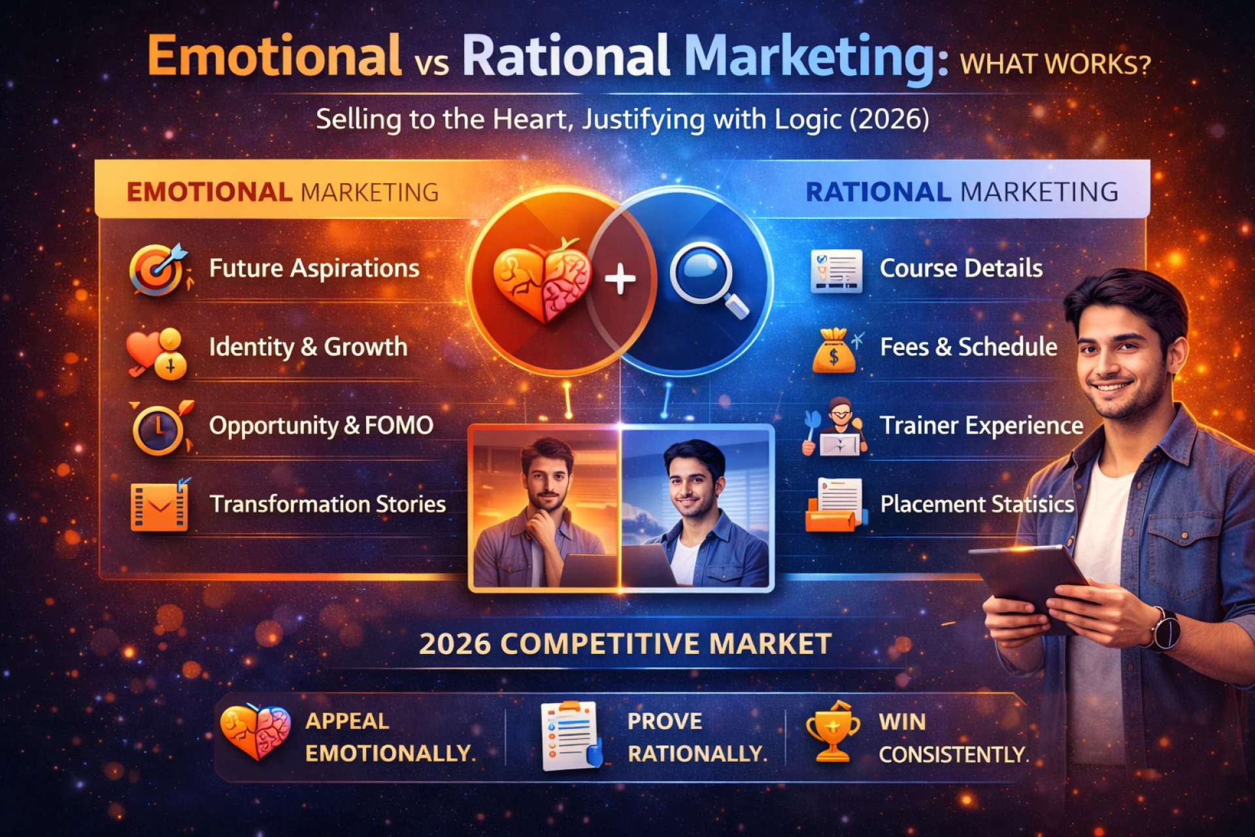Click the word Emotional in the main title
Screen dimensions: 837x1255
(275, 56)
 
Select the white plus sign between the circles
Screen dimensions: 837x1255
(620, 279)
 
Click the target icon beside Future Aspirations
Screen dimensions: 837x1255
(157, 269)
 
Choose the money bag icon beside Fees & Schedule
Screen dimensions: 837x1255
(834, 351)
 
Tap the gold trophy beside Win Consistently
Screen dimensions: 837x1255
(832, 732)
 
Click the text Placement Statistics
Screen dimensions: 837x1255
(977, 504)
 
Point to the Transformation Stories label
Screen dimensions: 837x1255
(327, 504)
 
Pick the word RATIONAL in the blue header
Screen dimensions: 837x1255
(878, 192)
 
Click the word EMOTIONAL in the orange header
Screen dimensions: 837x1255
(209, 192)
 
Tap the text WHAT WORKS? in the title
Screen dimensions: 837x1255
(1054, 65)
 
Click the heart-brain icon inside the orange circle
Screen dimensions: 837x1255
(541, 279)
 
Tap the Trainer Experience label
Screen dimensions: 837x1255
(981, 426)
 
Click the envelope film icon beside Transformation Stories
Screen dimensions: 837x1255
(159, 506)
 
